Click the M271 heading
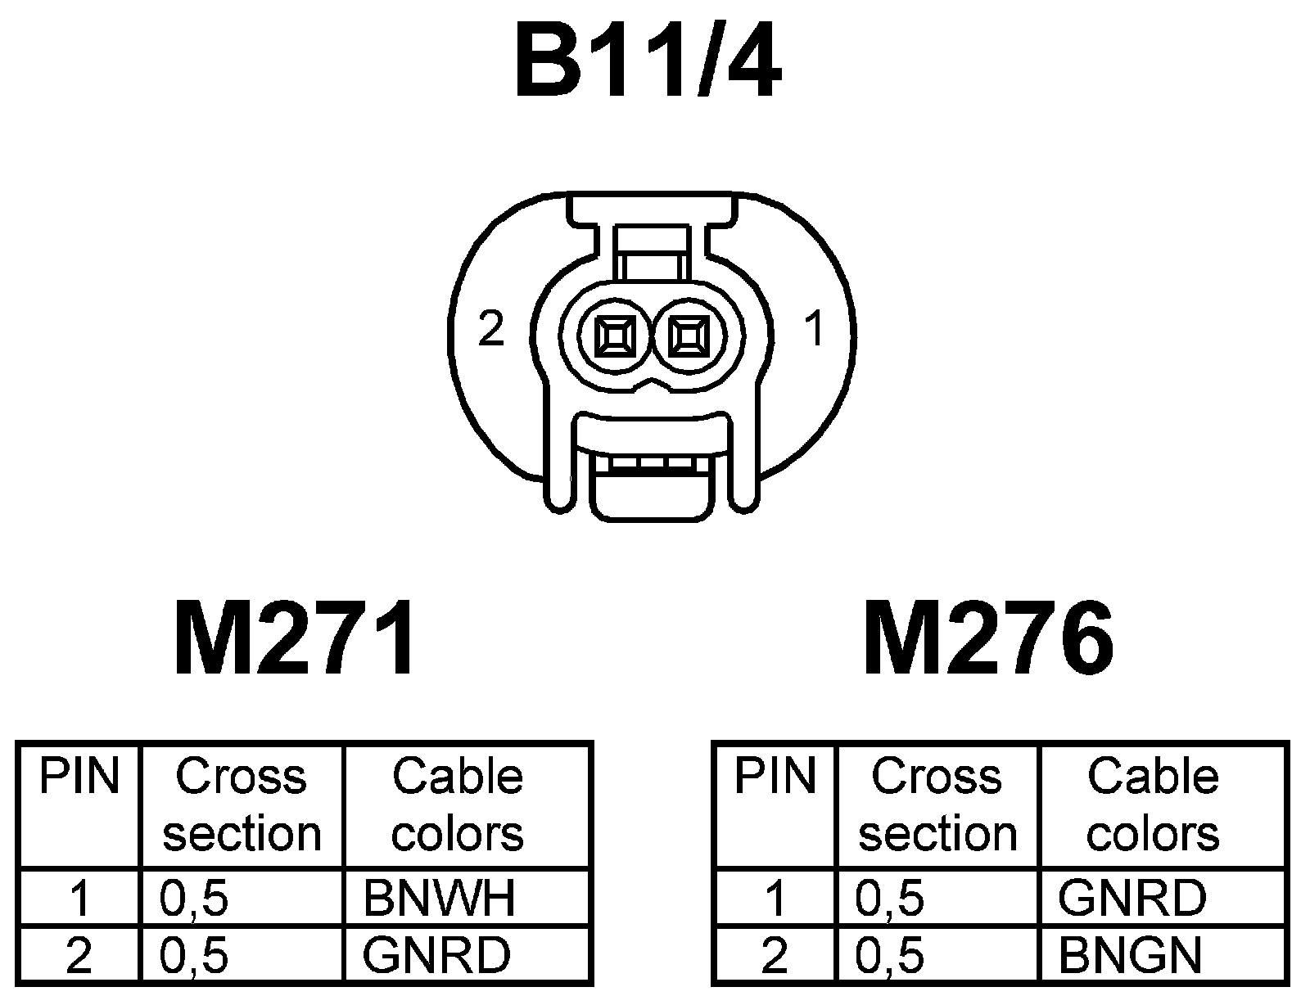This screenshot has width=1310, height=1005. pos(295,638)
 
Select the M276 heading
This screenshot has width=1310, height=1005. pos(988,638)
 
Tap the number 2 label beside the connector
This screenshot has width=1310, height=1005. pos(491,330)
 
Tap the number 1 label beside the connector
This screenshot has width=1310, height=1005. pos(814,330)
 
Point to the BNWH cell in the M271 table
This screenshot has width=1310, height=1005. pos(440,898)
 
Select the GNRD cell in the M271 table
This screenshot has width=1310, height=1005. pos(436,954)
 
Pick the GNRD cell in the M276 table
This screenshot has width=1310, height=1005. pos(1132,898)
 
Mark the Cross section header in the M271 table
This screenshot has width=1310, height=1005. pos(242,804)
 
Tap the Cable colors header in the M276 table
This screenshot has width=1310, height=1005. pos(1153,804)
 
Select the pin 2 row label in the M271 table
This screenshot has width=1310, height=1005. pos(79,954)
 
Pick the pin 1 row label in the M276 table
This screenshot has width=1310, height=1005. pos(775,898)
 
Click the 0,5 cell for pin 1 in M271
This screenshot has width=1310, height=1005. pos(194,898)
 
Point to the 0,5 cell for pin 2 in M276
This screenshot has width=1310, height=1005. pos(890,954)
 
